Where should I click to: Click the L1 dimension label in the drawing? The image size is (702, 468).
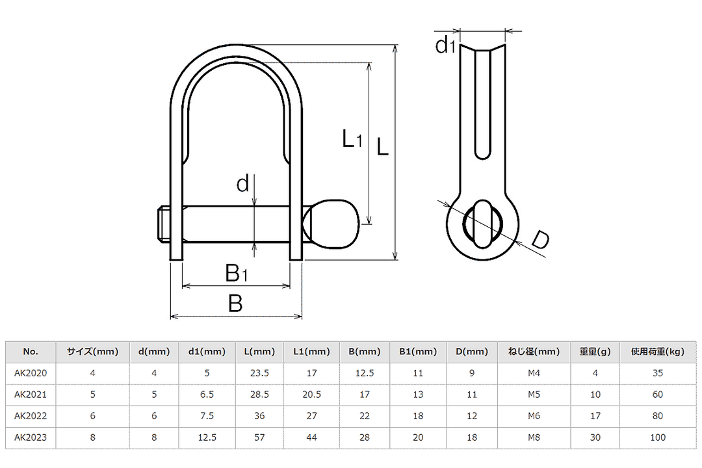tap(352, 138)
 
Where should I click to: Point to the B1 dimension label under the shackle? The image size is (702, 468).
tap(236, 273)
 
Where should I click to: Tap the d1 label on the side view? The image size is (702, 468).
tap(445, 45)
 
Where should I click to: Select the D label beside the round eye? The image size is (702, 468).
tap(540, 240)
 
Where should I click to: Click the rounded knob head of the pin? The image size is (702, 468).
tap(333, 224)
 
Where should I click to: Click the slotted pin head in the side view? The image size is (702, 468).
tap(482, 224)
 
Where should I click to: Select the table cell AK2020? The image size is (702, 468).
tap(31, 373)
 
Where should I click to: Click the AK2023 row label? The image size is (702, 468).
tap(31, 437)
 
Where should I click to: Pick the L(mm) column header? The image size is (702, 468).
tap(259, 352)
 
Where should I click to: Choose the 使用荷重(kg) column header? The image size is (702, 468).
tap(658, 352)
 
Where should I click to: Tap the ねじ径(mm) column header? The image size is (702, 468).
tap(534, 352)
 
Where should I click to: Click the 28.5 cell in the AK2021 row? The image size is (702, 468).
tap(259, 395)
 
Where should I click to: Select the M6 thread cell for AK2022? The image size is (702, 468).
tap(534, 416)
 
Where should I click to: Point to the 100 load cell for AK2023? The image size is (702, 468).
tap(658, 437)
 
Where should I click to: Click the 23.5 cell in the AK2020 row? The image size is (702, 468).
tap(259, 373)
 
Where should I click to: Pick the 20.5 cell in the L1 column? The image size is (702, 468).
tap(311, 395)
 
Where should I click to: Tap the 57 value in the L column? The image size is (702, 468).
tap(259, 437)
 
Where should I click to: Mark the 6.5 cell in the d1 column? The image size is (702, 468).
tap(207, 395)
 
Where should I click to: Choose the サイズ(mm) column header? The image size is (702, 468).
tap(93, 352)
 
